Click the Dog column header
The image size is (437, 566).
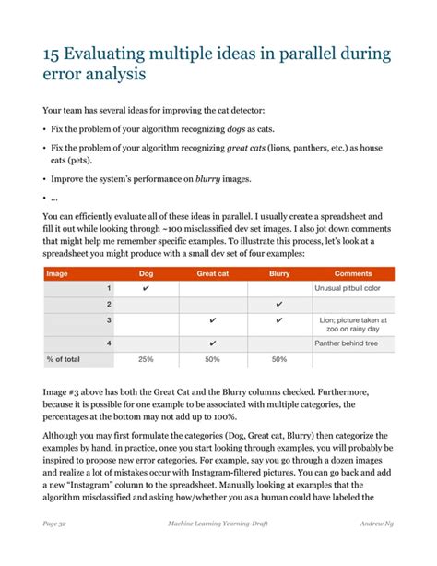pyautogui.click(x=146, y=273)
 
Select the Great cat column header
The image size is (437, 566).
pyautogui.click(x=213, y=273)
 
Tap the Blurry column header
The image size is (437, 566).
pyautogui.click(x=278, y=273)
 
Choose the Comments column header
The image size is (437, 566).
pyautogui.click(x=352, y=273)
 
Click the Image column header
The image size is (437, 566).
pyautogui.click(x=57, y=273)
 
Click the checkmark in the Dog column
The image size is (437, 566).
pyautogui.click(x=146, y=289)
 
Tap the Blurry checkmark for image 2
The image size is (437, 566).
pyautogui.click(x=278, y=305)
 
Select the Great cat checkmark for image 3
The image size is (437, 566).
pyautogui.click(x=213, y=321)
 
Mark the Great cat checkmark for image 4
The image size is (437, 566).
pyautogui.click(x=213, y=343)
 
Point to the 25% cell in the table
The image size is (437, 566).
pyautogui.click(x=146, y=359)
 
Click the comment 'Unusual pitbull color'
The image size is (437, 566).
pyautogui.click(x=348, y=289)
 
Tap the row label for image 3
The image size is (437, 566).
pyautogui.click(x=109, y=320)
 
